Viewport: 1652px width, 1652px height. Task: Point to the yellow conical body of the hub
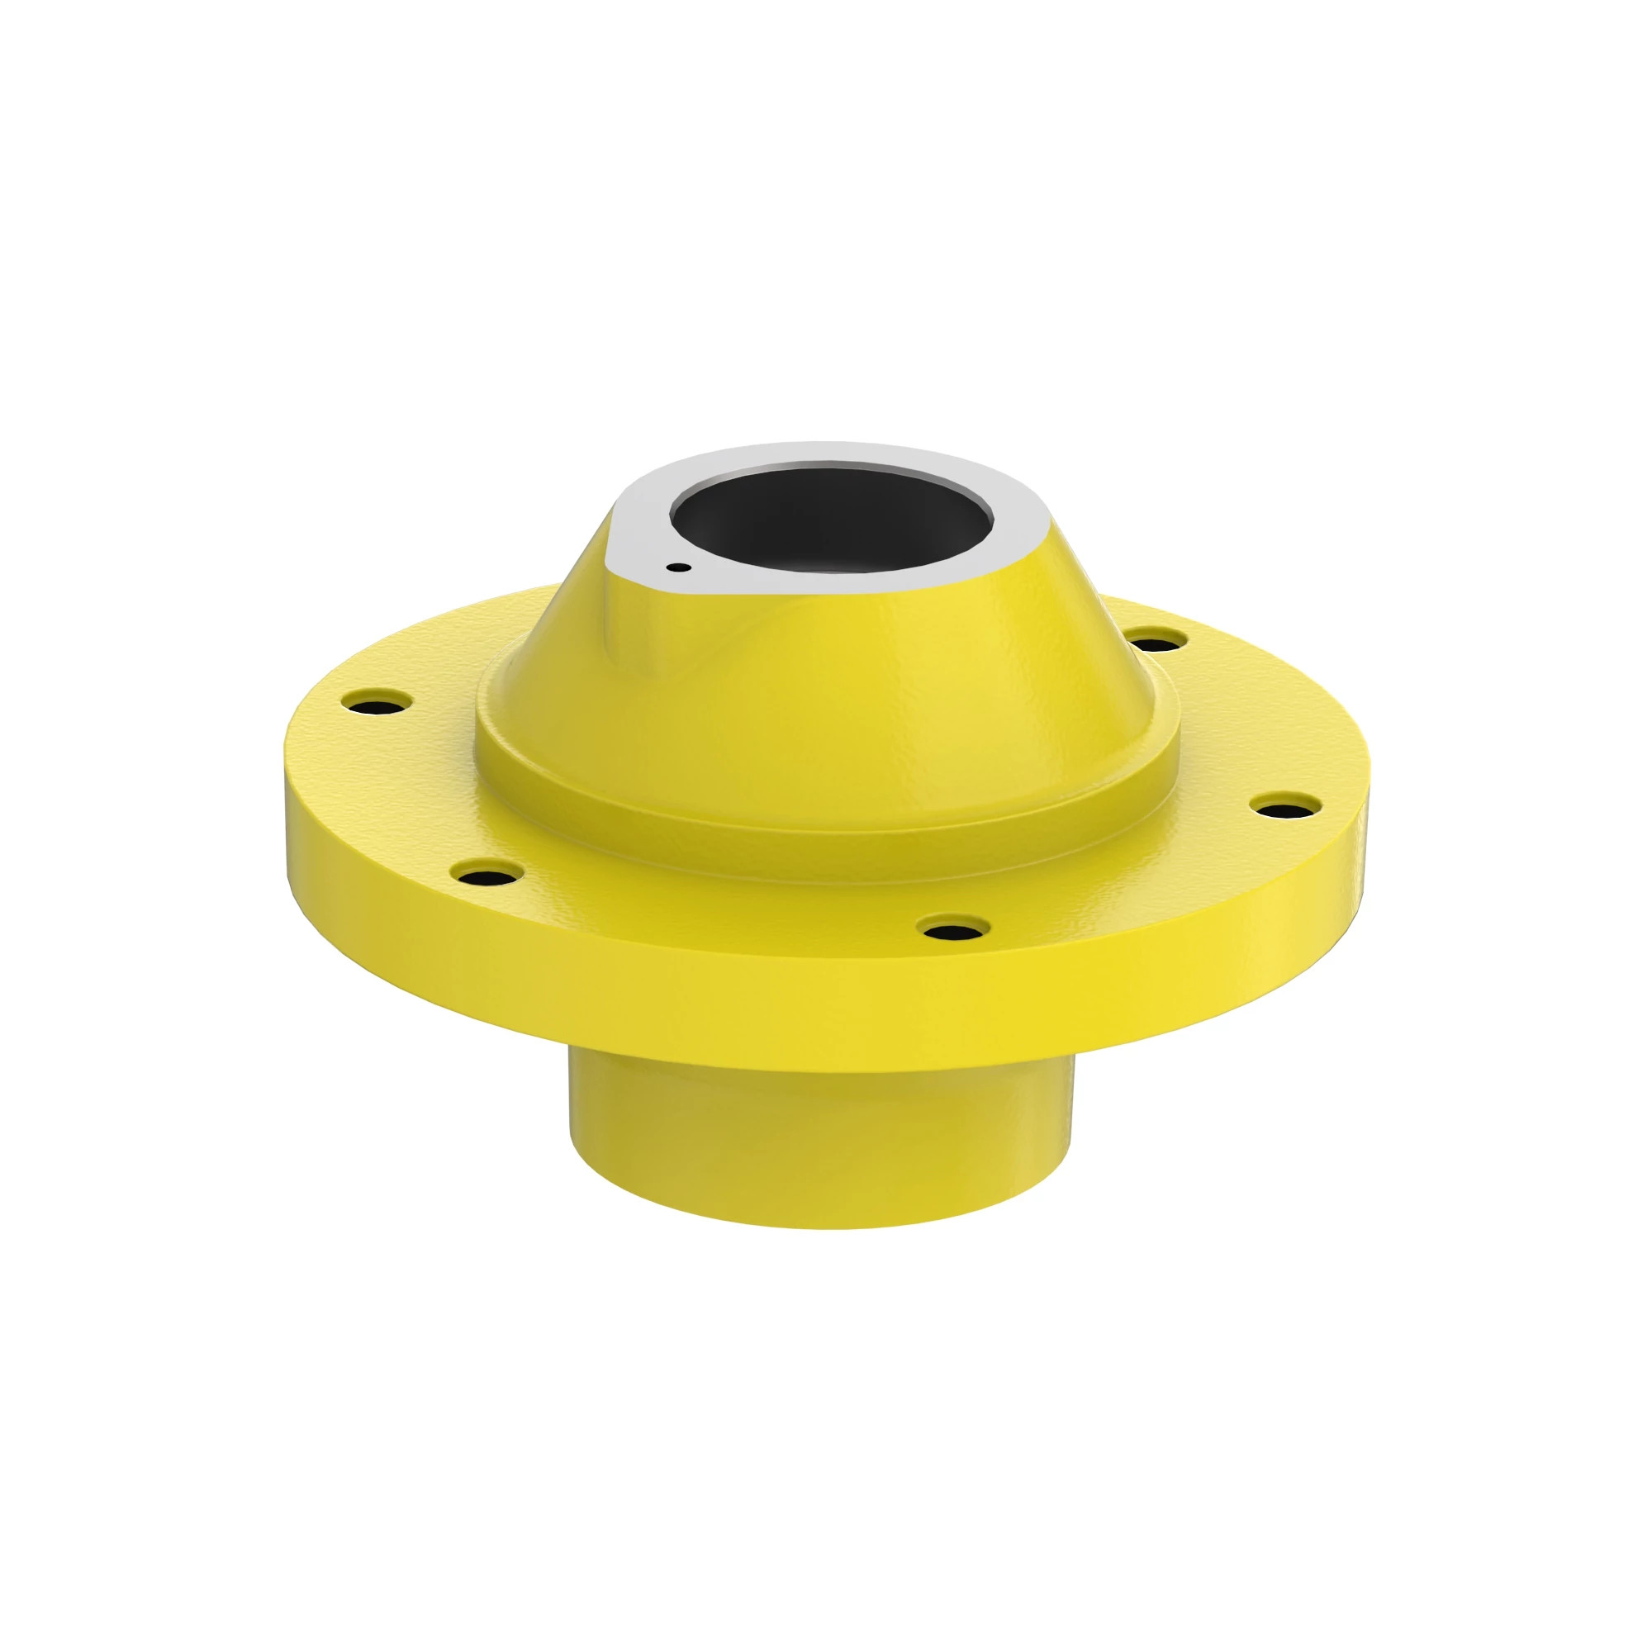click(855, 676)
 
